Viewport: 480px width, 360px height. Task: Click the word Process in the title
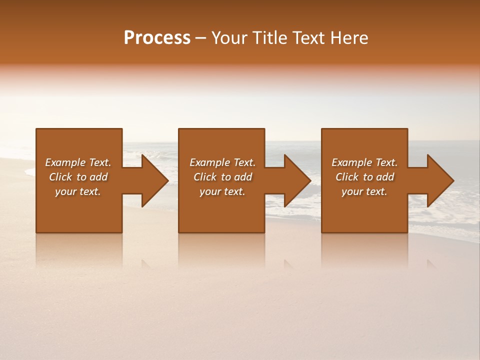157,38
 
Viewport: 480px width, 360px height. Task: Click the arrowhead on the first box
154,180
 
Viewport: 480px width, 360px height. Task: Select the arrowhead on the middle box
297,180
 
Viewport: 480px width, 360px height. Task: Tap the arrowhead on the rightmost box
440,180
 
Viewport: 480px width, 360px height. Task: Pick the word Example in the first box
65,162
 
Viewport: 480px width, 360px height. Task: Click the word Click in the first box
60,177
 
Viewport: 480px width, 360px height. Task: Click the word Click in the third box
347,177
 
